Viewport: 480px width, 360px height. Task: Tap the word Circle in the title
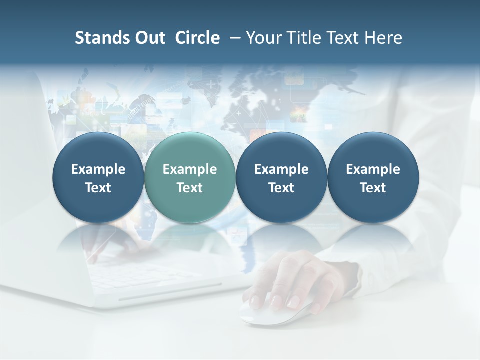point(197,38)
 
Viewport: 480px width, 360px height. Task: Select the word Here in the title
point(384,38)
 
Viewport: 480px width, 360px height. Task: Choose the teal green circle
point(190,178)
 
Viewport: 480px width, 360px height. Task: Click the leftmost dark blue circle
point(98,178)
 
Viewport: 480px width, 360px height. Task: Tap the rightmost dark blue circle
point(373,178)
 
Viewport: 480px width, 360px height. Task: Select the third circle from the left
point(281,178)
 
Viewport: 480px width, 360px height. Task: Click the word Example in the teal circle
point(190,169)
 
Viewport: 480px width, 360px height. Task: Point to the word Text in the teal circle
point(190,188)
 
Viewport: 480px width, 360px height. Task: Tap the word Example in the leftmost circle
point(98,169)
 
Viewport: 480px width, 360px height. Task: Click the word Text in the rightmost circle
point(373,188)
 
